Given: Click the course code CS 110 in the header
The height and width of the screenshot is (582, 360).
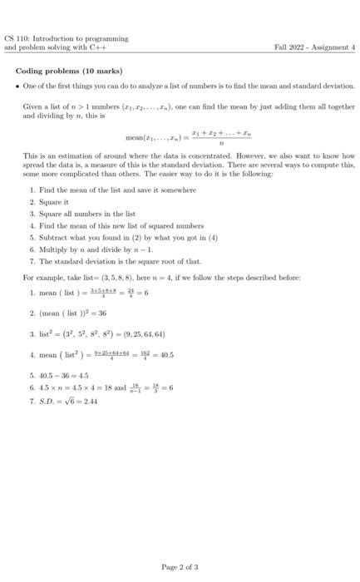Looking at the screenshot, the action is tap(14, 39).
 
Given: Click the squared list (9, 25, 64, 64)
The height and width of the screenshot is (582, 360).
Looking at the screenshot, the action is tap(137, 334).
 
